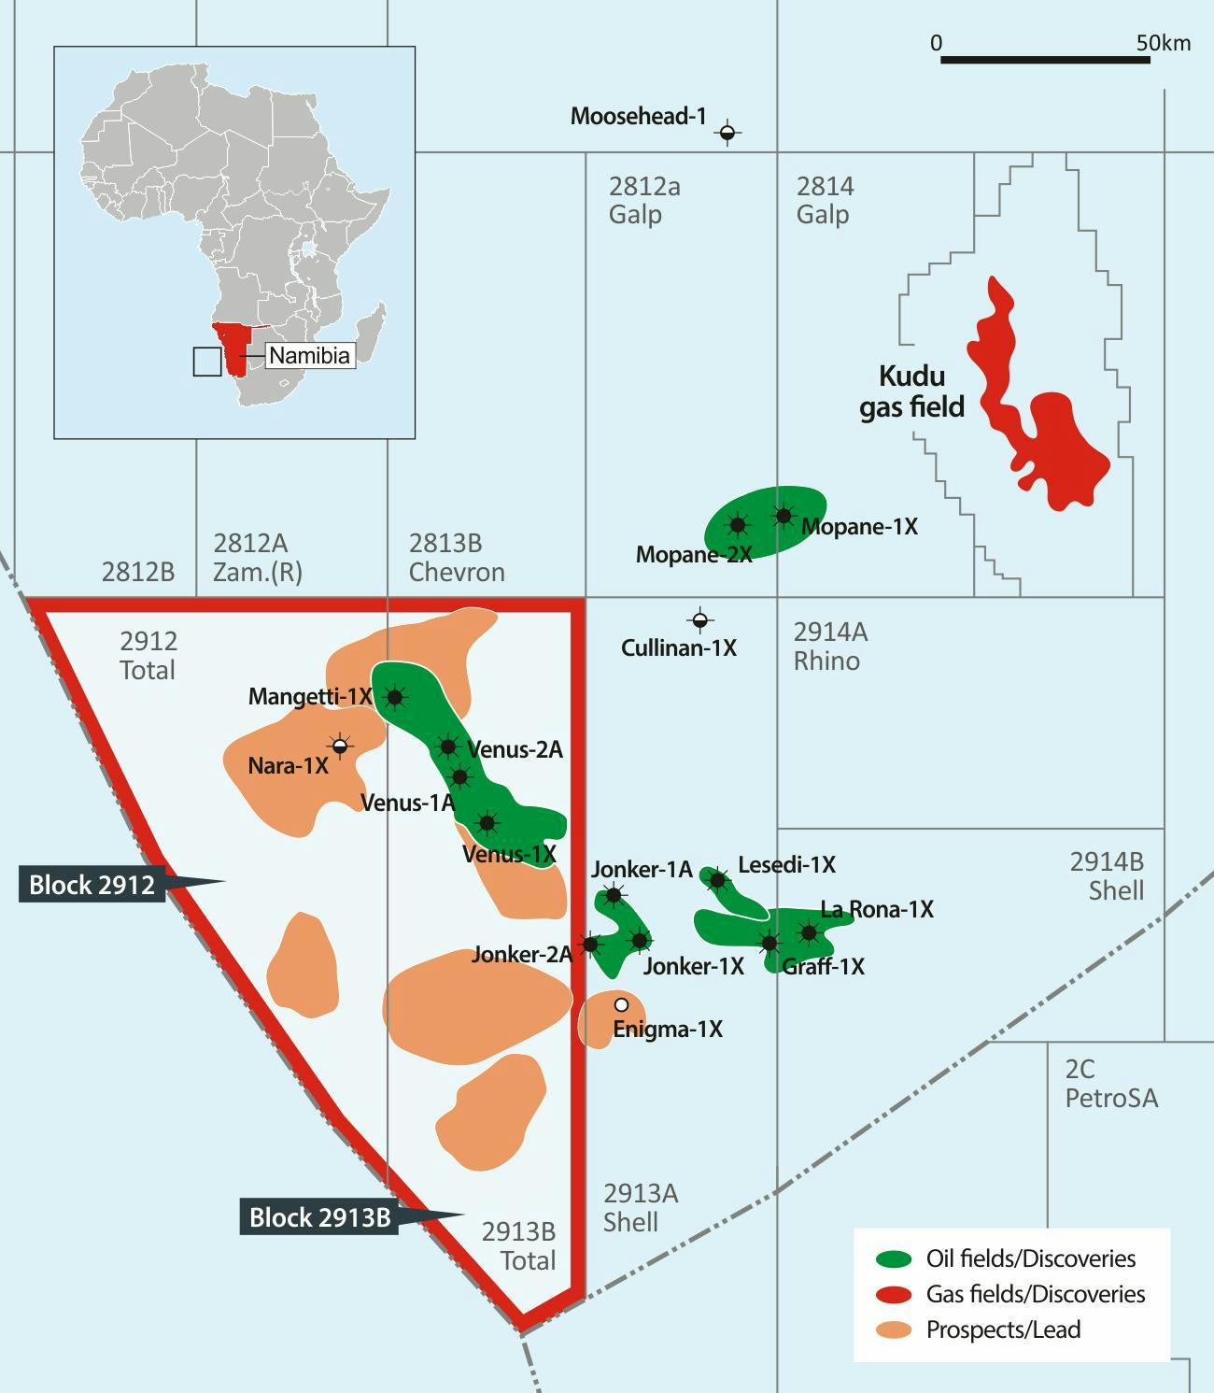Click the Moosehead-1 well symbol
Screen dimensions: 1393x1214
[x=727, y=133]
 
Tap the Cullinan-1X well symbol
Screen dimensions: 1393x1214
[x=699, y=619]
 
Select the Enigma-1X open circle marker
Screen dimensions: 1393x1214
[x=621, y=1004]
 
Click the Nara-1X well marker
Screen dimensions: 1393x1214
[x=341, y=745]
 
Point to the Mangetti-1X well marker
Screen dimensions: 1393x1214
[x=395, y=696]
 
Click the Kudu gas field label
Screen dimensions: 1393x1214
[x=911, y=391]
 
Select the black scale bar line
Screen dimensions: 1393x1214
[x=1045, y=60]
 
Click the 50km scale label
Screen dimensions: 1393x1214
[x=1163, y=43]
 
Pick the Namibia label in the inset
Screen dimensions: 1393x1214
[x=309, y=356]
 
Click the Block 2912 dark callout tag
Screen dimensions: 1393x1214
[x=92, y=884]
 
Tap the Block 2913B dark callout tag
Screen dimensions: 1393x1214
[x=319, y=1217]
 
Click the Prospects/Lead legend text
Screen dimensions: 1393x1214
[x=1003, y=1329]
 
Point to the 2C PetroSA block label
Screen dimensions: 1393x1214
[x=1111, y=1083]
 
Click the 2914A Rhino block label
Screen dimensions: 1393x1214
[x=830, y=647]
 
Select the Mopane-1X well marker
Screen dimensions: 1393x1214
[x=783, y=515]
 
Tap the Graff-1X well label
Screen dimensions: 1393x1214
[x=823, y=966]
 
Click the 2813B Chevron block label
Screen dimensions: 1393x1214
[x=457, y=558]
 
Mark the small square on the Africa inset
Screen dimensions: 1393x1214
[x=207, y=362]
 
